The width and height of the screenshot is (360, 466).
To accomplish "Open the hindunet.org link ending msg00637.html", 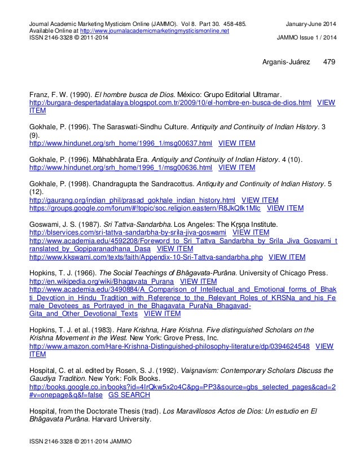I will tap(120, 143).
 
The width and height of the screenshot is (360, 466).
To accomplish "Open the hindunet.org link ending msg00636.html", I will tap(120, 168).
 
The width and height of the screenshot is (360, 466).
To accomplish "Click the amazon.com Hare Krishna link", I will tap(169, 347).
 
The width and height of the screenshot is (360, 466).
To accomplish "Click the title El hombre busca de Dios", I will tap(143, 94).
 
